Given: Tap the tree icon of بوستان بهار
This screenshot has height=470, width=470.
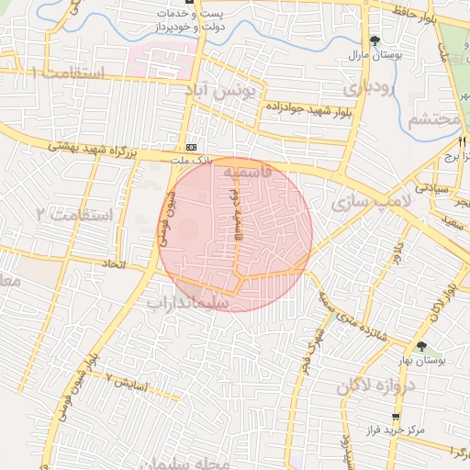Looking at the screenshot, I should tap(421, 346).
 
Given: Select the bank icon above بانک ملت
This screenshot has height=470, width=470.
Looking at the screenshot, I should tap(191, 147).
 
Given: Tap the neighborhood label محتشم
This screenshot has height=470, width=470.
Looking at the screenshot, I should tap(431, 119).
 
